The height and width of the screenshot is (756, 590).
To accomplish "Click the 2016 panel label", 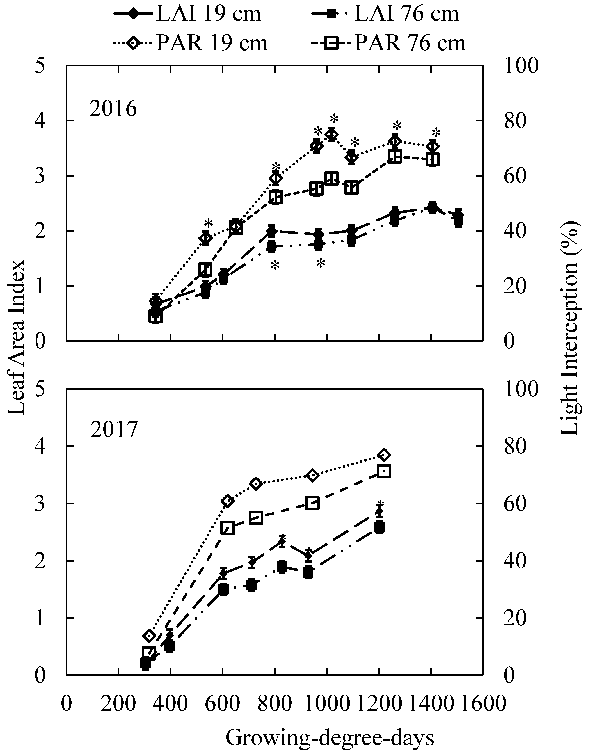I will tap(113, 109).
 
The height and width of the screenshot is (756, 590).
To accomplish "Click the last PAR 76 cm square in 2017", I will tap(385, 471).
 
